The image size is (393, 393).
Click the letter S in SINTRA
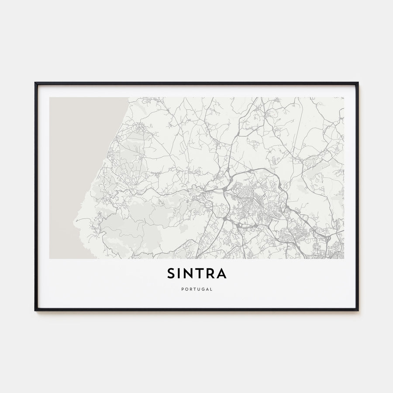171,274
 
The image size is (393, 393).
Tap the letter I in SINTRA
181,274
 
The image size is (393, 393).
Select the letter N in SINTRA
190,274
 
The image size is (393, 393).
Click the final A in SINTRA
221,274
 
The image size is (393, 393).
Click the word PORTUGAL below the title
196,289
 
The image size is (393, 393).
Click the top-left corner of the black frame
35,83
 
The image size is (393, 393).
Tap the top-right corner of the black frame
358,83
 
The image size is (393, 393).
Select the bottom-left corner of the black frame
35,310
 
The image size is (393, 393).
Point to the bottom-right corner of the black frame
358,310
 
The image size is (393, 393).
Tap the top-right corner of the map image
344,97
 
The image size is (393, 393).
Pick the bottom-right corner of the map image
344,259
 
